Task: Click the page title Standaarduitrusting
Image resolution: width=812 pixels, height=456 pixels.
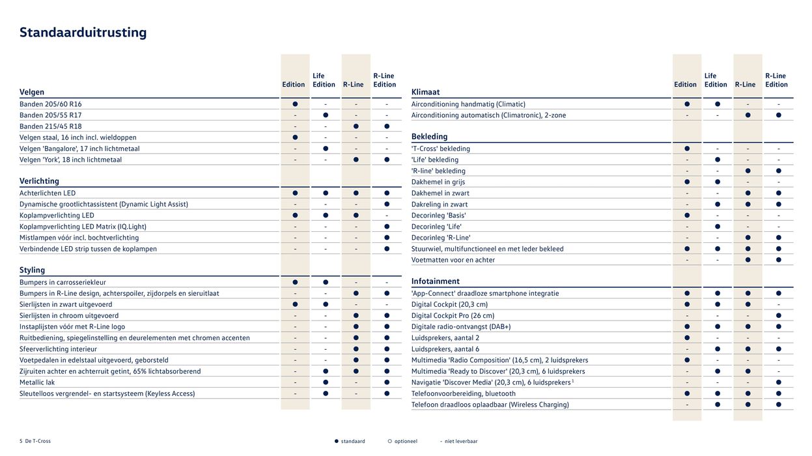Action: click(x=83, y=33)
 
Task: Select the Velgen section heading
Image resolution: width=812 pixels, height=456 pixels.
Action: click(x=32, y=92)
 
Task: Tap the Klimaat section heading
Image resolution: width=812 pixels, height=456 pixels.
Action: click(x=425, y=92)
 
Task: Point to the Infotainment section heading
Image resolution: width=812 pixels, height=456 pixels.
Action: click(x=435, y=281)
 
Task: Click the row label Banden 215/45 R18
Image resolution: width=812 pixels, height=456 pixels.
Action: click(x=51, y=126)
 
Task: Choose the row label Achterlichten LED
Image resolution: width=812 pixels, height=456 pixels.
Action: click(x=48, y=193)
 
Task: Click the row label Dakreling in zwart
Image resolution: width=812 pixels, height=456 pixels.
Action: click(x=440, y=204)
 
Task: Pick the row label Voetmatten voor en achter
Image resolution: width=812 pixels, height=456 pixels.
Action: click(x=453, y=260)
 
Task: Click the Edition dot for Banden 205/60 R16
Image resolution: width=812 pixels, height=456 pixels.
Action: click(x=295, y=104)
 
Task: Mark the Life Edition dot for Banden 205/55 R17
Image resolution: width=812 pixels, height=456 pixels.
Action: click(x=326, y=115)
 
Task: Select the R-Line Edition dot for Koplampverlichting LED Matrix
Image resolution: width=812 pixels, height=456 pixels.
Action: click(x=387, y=227)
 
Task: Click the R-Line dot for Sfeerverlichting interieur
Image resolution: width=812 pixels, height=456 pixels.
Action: click(x=356, y=349)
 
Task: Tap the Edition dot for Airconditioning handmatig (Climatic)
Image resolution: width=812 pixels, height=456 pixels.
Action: click(x=687, y=104)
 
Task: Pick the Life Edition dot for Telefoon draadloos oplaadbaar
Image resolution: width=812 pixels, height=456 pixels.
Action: click(x=718, y=405)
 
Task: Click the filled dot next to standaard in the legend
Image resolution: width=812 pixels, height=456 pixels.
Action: click(x=337, y=441)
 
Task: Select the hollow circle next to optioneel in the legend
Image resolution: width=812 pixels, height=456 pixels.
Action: click(x=389, y=441)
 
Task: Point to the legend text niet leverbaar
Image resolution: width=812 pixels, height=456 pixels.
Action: click(x=462, y=441)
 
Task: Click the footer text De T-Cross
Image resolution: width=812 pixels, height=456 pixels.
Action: click(x=38, y=441)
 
